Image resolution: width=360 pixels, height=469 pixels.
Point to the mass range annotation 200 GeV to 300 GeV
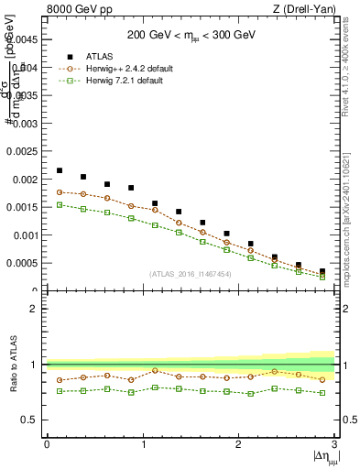click(191, 35)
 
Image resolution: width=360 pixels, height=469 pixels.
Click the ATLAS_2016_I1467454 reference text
click(190, 274)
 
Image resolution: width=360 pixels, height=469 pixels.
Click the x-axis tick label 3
click(334, 444)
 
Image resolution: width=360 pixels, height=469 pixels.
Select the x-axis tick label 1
click(142, 444)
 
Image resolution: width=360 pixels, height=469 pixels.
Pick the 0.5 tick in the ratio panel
click(32, 420)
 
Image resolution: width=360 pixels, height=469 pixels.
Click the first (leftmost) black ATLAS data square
click(59, 170)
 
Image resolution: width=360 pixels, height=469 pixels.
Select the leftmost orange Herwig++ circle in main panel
click(59, 192)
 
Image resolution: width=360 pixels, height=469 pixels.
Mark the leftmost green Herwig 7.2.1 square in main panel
click(59, 205)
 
